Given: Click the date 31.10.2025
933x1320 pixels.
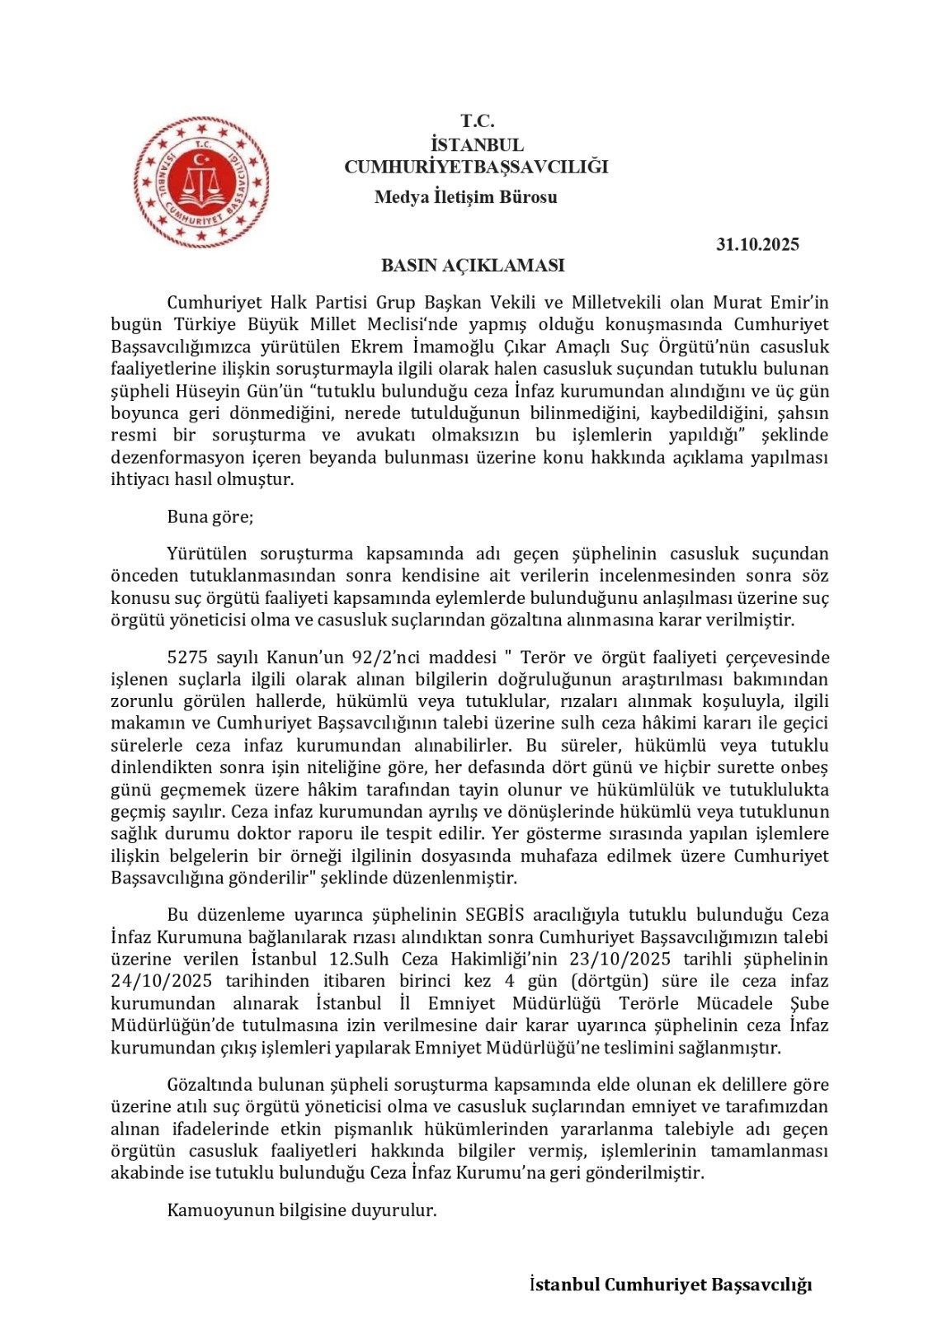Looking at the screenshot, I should click(x=757, y=244).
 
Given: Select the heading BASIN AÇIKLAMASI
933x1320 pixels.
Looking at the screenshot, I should click(x=473, y=266).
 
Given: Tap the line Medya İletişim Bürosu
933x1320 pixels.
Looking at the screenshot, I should click(x=465, y=197).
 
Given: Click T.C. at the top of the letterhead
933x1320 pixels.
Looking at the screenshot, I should click(x=477, y=120).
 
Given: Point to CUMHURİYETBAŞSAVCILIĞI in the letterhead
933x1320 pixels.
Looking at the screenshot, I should click(x=476, y=167).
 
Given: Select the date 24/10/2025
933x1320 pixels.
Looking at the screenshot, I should click(x=162, y=981).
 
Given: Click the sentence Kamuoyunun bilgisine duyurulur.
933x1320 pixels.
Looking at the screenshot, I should click(x=301, y=1210).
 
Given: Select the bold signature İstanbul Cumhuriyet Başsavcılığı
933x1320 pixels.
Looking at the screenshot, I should click(x=670, y=1285).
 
